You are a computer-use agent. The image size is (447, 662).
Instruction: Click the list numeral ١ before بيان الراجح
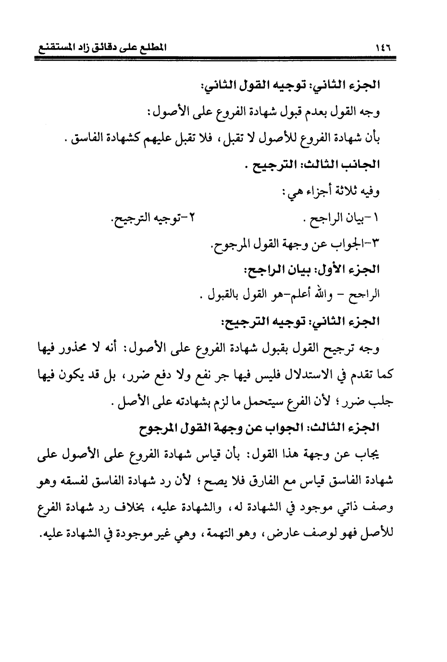coord(376,218)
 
